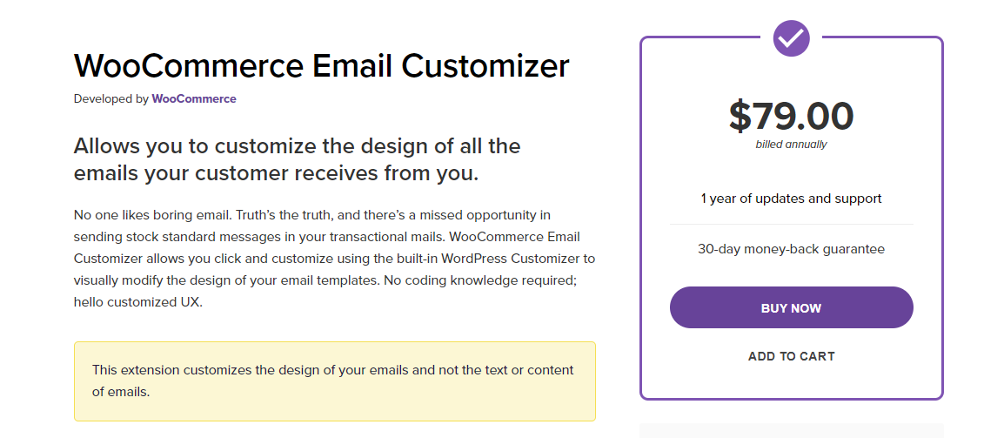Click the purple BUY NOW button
pyautogui.click(x=791, y=307)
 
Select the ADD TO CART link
pyautogui.click(x=791, y=356)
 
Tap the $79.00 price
pyautogui.click(x=791, y=116)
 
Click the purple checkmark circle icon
pyautogui.click(x=791, y=37)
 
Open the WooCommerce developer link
pyautogui.click(x=194, y=98)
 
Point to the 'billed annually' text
pyautogui.click(x=791, y=145)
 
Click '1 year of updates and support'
pyautogui.click(x=791, y=199)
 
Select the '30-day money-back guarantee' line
pyautogui.click(x=791, y=249)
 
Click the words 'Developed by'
pyautogui.click(x=110, y=98)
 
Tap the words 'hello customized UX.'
pyautogui.click(x=138, y=303)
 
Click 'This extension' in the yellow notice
pyautogui.click(x=137, y=370)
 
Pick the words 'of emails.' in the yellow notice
pyautogui.click(x=121, y=392)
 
